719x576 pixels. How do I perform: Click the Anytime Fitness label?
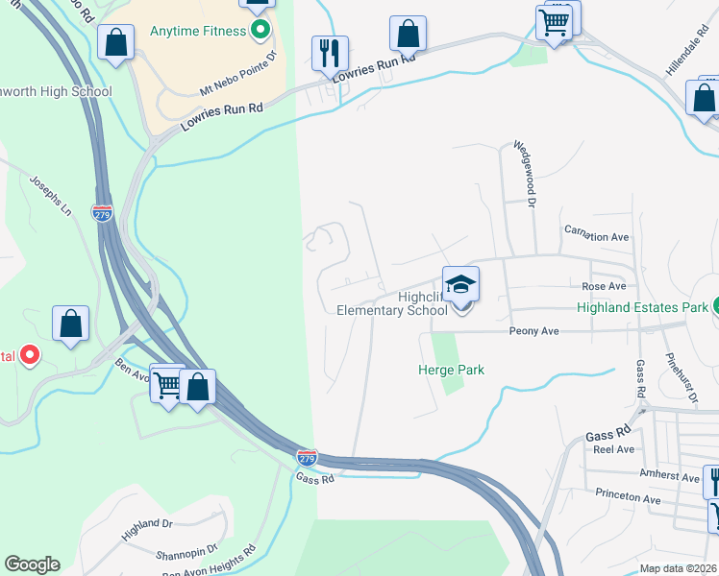199,31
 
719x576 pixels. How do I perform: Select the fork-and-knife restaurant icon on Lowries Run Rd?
330,55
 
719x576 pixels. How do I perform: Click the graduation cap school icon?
461,285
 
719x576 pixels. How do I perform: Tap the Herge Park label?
451,370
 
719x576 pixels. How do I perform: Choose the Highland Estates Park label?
642,308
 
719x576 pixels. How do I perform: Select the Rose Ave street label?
604,286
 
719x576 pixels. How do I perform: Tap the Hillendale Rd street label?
689,60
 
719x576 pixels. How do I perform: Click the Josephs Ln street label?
51,194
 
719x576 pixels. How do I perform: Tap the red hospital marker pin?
29,356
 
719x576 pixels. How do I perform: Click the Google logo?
32,564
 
